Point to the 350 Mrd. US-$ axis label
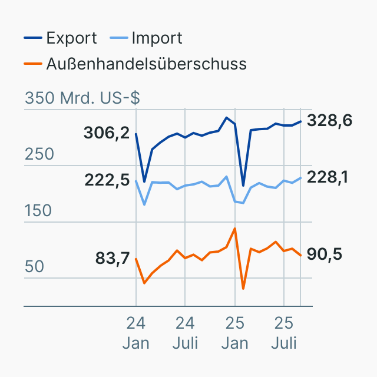point(82,98)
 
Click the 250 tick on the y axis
point(39,154)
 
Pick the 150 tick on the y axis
point(39,210)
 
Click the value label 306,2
point(107,133)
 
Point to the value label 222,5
point(107,180)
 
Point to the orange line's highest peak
point(235,229)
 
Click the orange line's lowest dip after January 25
point(243,289)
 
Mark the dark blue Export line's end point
point(300,121)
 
